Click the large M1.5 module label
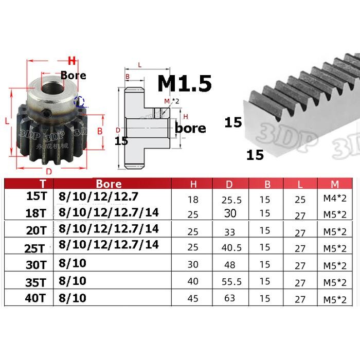[184, 83]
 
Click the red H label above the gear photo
[72, 61]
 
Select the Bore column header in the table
[109, 184]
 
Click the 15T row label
[39, 196]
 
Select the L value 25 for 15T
[300, 200]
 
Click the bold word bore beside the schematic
[190, 128]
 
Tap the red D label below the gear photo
[49, 171]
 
